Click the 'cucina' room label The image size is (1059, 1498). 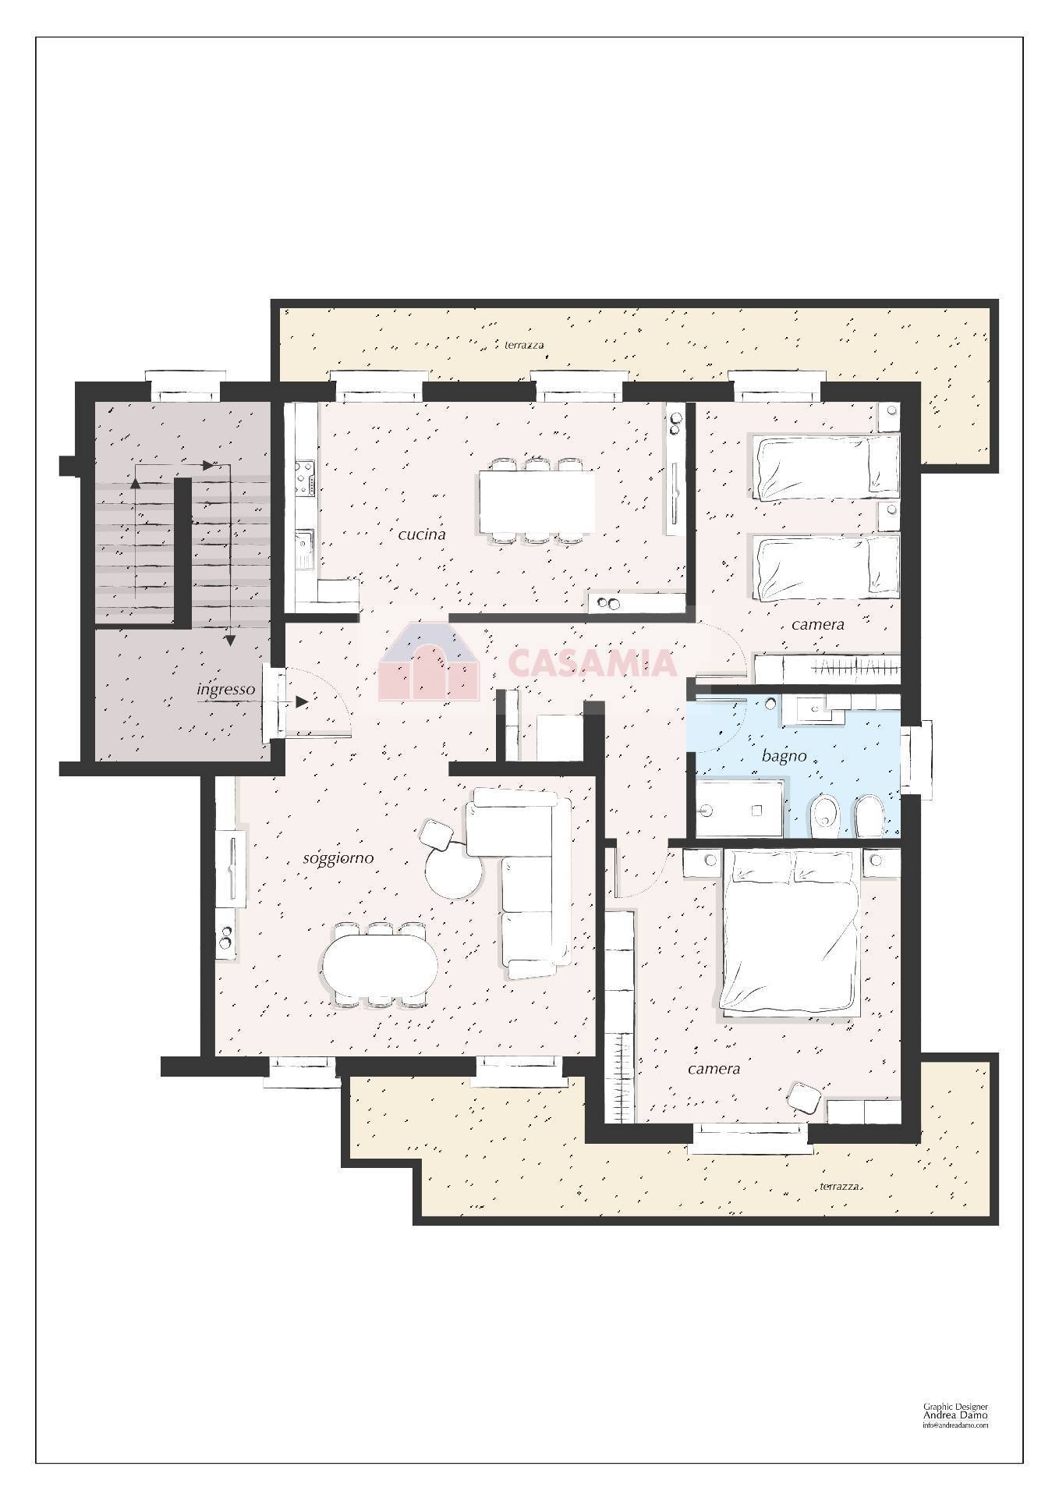421,534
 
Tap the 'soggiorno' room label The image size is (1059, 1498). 338,859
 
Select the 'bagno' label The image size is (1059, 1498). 784,756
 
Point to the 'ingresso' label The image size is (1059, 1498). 226,690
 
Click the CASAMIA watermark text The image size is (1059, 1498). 593,663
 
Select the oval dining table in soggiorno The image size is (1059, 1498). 381,964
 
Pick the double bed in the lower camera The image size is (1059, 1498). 791,933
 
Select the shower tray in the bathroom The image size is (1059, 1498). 739,809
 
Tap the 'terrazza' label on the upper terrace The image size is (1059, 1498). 525,345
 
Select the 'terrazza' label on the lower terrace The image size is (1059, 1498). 840,1187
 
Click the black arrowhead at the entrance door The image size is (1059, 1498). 302,702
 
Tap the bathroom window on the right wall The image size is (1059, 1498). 916,759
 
